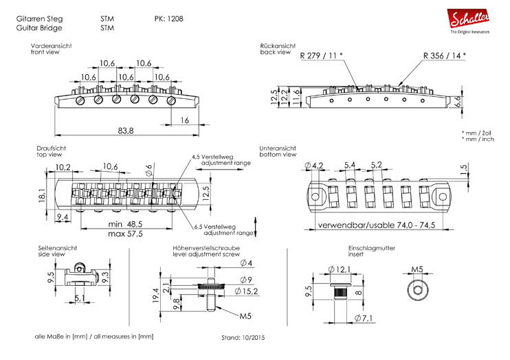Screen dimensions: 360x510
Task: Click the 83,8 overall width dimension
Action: (x=126, y=130)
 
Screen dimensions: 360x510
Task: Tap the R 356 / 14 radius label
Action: (x=444, y=55)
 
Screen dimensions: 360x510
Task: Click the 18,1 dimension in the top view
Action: (x=43, y=195)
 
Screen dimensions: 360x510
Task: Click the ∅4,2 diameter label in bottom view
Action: (x=316, y=166)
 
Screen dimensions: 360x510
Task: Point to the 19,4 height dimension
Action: (x=157, y=295)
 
